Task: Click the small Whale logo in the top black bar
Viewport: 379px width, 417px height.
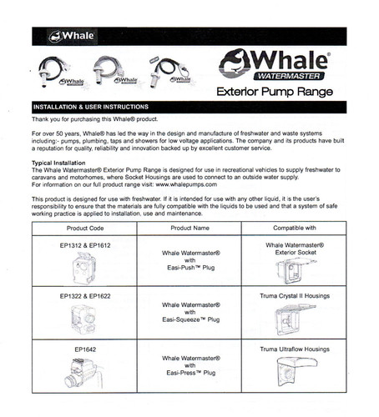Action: (72, 37)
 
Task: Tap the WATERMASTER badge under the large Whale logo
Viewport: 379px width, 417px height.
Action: (289, 76)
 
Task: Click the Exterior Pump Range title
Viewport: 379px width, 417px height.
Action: (275, 92)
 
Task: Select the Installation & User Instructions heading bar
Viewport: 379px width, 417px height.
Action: (189, 107)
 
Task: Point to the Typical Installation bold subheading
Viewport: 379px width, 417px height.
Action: (58, 163)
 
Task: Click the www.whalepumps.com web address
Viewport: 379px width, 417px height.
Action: (186, 184)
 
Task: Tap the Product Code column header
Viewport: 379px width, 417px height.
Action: (85, 229)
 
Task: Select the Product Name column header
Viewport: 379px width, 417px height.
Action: (189, 228)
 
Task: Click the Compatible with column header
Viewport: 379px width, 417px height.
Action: (295, 228)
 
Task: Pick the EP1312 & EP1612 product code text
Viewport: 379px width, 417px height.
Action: (85, 245)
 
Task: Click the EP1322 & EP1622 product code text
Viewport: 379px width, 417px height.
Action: (85, 296)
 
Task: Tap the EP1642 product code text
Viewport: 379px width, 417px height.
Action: (85, 349)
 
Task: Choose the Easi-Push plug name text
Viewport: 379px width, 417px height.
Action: (191, 268)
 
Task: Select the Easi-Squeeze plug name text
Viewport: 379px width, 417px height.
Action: (191, 319)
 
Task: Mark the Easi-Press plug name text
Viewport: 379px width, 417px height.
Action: (191, 373)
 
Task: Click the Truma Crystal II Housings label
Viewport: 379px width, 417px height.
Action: (295, 296)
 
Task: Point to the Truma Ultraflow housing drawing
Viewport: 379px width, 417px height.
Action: (296, 371)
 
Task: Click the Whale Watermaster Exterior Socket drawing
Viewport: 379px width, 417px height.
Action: (296, 271)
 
